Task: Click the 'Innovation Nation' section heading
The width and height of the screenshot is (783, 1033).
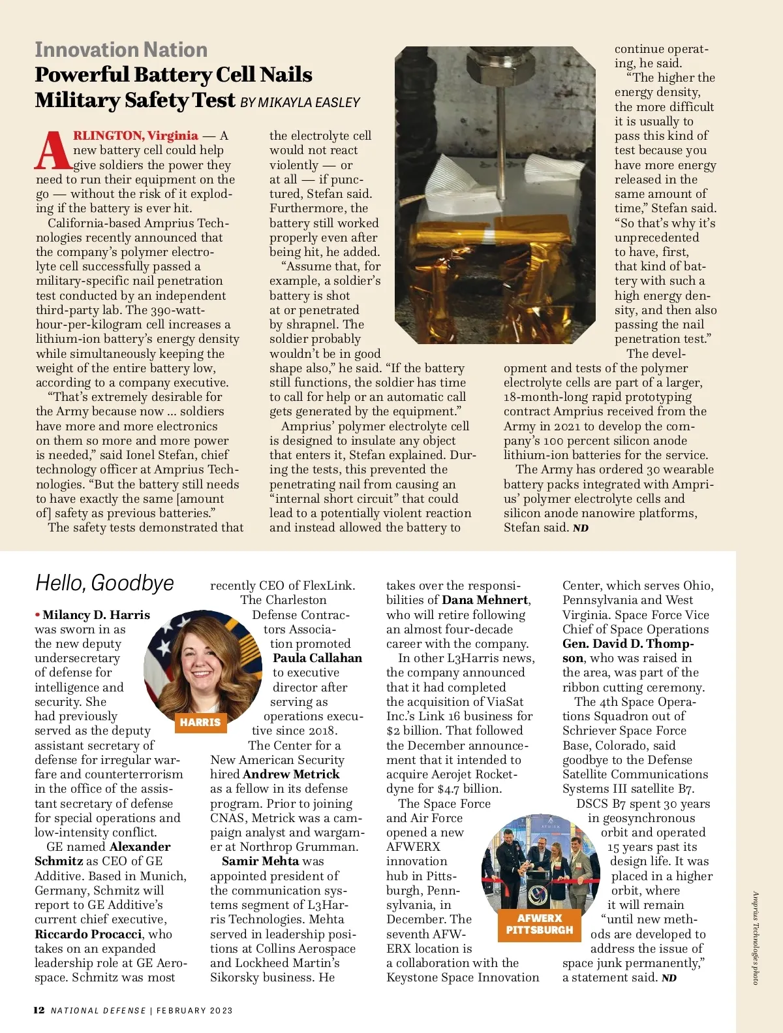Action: coord(121,50)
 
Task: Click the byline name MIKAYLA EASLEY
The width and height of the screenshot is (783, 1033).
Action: coord(309,103)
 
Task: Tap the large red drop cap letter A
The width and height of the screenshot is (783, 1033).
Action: coord(52,150)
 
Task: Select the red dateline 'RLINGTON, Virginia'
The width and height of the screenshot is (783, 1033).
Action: coord(135,136)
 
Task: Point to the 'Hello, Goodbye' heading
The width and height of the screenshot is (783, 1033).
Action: coord(104,582)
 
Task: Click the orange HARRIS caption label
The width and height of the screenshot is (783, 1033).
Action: coord(200,722)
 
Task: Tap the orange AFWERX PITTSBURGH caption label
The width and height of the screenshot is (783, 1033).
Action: coord(540,924)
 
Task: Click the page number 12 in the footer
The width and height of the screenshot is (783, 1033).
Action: coord(39,1010)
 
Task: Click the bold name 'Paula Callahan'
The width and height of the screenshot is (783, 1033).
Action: coord(317,658)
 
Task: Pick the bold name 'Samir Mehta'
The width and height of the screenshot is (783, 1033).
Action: coord(260,861)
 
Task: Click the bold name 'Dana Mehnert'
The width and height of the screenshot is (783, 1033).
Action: coord(485,600)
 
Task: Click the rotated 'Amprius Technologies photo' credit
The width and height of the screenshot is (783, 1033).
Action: coord(756,938)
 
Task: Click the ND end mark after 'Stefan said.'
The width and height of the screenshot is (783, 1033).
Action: coord(581,528)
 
